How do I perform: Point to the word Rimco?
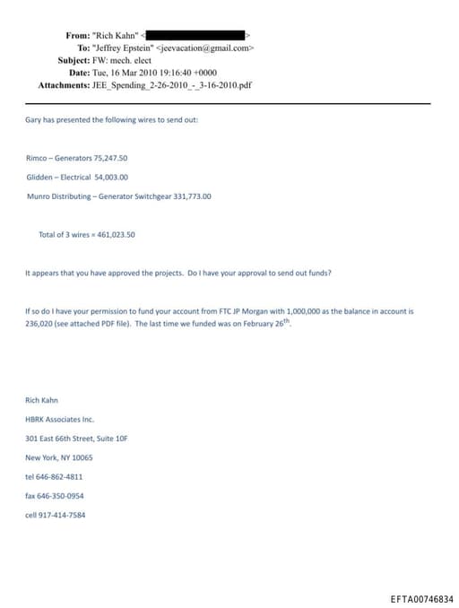37,157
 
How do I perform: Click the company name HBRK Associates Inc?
59,419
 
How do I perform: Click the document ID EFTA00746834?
422,598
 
